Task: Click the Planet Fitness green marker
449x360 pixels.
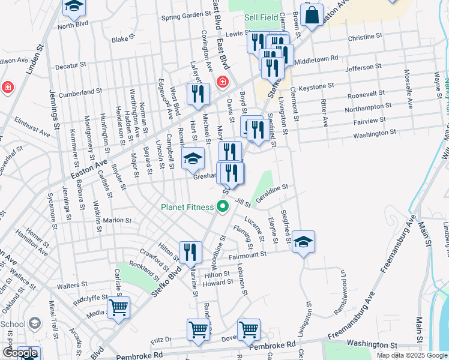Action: click(x=223, y=208)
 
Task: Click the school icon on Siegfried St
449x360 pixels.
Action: click(x=303, y=241)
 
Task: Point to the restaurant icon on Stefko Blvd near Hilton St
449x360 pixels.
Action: click(x=190, y=251)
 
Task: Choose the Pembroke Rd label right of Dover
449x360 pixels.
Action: click(x=274, y=345)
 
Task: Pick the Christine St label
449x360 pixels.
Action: click(x=361, y=37)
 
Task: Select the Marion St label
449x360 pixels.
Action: click(x=117, y=220)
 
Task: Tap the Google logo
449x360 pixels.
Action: click(x=20, y=353)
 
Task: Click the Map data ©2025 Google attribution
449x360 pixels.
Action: click(x=411, y=355)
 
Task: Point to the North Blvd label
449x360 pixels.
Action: click(x=73, y=25)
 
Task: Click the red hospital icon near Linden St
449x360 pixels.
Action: click(x=7, y=87)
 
